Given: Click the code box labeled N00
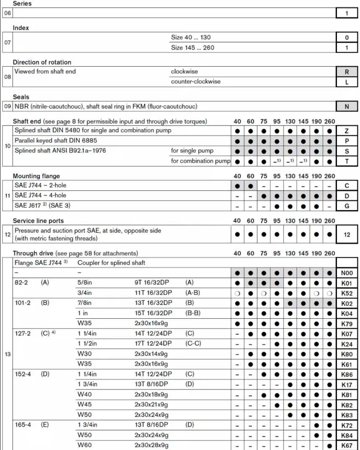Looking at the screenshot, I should point(347,273).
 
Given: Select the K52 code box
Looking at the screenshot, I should point(347,293).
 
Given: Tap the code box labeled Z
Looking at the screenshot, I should point(347,131).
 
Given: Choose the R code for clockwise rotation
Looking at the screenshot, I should point(347,72).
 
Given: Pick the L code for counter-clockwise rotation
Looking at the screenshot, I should point(347,82).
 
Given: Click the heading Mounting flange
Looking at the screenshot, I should point(36,176).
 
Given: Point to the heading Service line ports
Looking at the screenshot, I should point(39,221).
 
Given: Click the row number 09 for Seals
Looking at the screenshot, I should point(8,107).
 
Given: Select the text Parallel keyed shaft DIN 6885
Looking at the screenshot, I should point(56,140).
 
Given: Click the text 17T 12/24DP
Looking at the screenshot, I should point(153,343).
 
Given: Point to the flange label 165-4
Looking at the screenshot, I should point(23,425).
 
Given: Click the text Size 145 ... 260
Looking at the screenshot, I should point(192,48).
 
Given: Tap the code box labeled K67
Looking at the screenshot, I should point(347,445).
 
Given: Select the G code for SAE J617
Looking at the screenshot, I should point(347,206).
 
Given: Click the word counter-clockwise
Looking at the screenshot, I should point(196,81).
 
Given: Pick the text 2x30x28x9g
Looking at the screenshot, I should point(151,445).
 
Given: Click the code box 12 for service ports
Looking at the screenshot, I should point(347,234).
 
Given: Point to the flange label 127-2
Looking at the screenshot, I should point(23,333).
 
